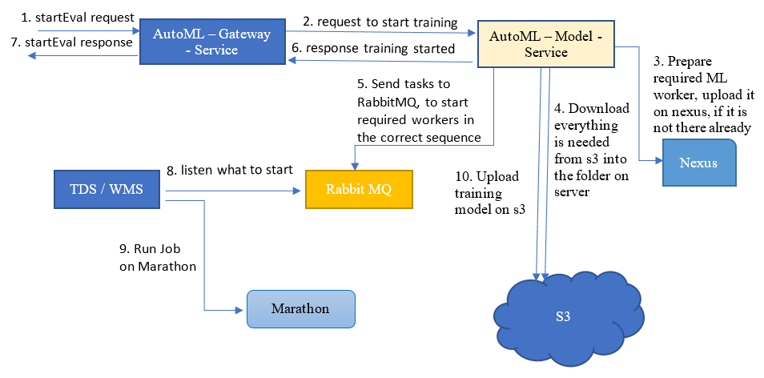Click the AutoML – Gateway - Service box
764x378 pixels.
click(x=212, y=42)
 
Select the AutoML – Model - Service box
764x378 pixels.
click(x=546, y=43)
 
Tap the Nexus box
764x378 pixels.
click(x=698, y=163)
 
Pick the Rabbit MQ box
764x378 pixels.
click(x=359, y=190)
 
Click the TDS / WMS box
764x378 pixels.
click(x=107, y=189)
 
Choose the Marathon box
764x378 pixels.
click(x=300, y=309)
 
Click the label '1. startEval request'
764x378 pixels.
click(x=77, y=18)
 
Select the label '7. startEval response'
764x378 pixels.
click(x=71, y=43)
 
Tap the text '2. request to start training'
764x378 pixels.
click(x=380, y=22)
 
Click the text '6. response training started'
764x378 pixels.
click(x=372, y=49)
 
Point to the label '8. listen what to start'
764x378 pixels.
click(x=230, y=170)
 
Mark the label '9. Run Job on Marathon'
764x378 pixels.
click(x=158, y=258)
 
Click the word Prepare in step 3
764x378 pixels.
click(x=690, y=62)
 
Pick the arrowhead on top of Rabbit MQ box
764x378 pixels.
click(x=356, y=165)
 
